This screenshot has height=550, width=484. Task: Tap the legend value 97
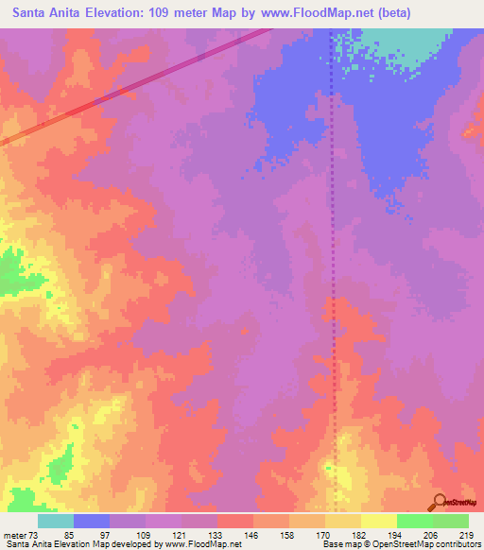[105, 535]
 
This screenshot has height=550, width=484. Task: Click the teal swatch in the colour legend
[56, 521]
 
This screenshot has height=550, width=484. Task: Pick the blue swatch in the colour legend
[92, 521]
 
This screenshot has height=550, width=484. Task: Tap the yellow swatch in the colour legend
[378, 521]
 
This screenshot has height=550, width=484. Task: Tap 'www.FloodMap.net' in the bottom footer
[202, 545]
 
